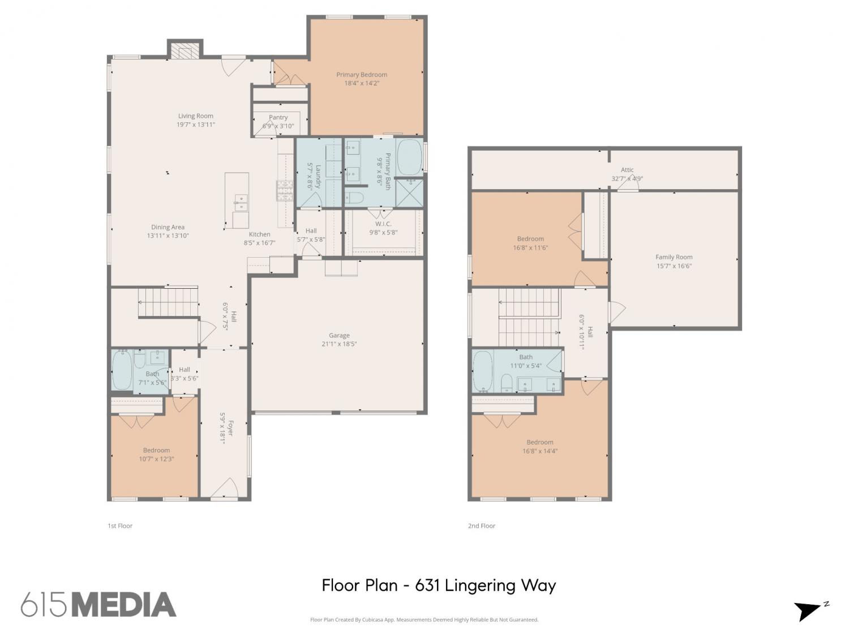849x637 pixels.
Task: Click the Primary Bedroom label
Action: coord(361,75)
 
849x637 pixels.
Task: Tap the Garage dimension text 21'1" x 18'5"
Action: coord(339,344)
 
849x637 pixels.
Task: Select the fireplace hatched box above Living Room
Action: coord(185,50)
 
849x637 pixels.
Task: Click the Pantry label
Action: coord(278,117)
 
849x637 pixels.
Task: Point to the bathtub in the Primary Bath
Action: coord(409,157)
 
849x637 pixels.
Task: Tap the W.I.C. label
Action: coord(383,224)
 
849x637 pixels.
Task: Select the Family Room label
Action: coord(674,257)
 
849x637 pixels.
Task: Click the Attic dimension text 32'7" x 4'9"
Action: coord(627,179)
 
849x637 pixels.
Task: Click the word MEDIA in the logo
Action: coord(125,605)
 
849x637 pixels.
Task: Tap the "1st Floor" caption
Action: coord(120,525)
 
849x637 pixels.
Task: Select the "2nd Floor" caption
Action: coord(482,525)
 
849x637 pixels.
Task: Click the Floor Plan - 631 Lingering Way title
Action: coord(439,585)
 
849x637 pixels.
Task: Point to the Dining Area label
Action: coord(168,227)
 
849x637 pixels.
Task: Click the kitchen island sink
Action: coord(241,203)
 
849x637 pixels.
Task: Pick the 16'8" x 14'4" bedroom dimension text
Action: coord(539,451)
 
